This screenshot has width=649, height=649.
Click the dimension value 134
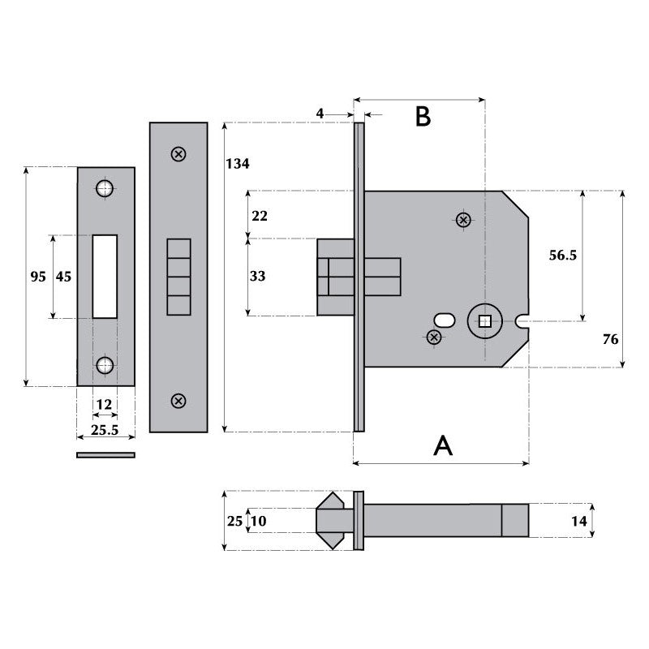[x=237, y=164]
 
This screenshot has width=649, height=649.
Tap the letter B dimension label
[x=423, y=117]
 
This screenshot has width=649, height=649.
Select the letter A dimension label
[x=443, y=445]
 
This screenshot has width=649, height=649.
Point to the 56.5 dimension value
[x=562, y=255]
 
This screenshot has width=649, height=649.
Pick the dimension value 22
[x=259, y=216]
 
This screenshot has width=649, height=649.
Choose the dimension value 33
[x=258, y=276]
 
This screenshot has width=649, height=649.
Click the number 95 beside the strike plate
[x=38, y=277]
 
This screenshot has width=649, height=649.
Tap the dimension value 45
[x=63, y=277]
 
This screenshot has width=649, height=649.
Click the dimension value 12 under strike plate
[x=105, y=403]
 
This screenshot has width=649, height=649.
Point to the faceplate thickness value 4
[x=320, y=114]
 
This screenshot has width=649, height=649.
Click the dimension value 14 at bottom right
[x=578, y=521]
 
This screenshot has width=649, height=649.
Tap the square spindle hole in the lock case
[x=484, y=322]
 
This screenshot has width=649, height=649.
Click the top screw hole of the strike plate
[x=104, y=188]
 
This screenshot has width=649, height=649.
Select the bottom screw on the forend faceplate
[x=178, y=400]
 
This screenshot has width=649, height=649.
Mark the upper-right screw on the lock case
[x=463, y=220]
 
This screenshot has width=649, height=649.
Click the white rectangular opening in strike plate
[x=105, y=276]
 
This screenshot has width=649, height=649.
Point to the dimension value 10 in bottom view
[x=257, y=521]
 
